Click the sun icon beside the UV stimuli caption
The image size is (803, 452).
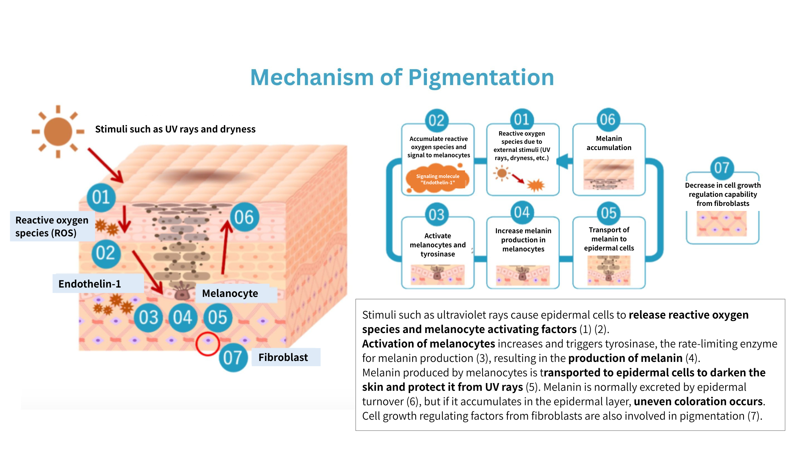point(58,132)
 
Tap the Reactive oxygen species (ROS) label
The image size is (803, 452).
point(52,226)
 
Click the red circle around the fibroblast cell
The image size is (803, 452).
point(207,343)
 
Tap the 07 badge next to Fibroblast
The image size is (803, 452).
point(233,357)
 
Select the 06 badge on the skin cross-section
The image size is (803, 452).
point(244,217)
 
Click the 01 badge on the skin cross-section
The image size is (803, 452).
point(101,197)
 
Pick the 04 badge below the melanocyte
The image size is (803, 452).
point(183,317)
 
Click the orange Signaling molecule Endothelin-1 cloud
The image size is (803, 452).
point(438,179)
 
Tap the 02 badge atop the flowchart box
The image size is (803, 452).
point(436,121)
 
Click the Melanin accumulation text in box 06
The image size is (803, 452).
point(609,143)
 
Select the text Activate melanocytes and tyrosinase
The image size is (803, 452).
point(438,245)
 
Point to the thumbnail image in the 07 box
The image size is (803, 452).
point(722,223)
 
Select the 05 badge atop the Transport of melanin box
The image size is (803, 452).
point(609,213)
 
